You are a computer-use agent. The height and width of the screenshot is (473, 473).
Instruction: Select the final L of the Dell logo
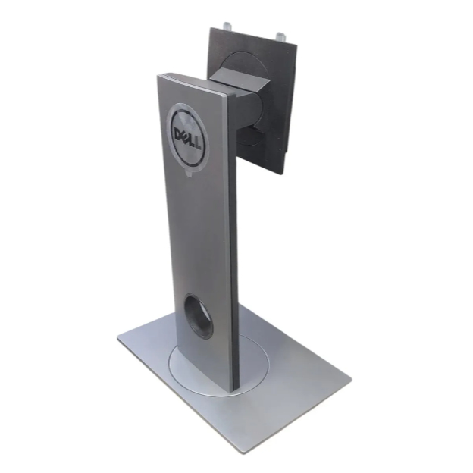click(197, 145)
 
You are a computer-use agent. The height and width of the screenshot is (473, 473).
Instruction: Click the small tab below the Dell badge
click(189, 174)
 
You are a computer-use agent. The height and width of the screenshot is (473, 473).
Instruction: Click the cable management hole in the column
click(199, 317)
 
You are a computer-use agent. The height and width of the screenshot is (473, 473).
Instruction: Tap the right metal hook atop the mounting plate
click(280, 37)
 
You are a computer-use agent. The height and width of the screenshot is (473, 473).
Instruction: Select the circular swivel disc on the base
click(219, 365)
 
